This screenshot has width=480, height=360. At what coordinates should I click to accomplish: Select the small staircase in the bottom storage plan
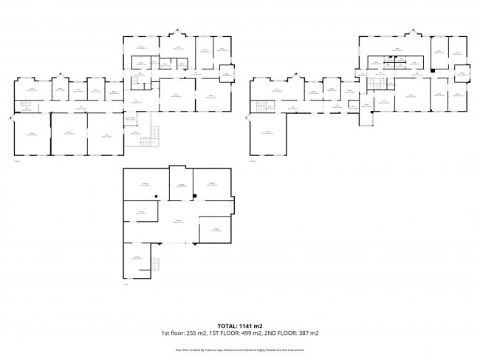(155, 265)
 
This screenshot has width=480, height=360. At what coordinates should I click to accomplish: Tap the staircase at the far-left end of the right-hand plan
(261, 107)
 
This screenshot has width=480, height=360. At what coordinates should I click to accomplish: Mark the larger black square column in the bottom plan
(194, 196)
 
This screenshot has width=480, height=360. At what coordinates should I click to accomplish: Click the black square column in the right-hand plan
(432, 70)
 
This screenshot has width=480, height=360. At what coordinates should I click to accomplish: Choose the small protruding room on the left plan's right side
(225, 72)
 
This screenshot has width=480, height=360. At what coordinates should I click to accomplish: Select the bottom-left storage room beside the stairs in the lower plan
(137, 259)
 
